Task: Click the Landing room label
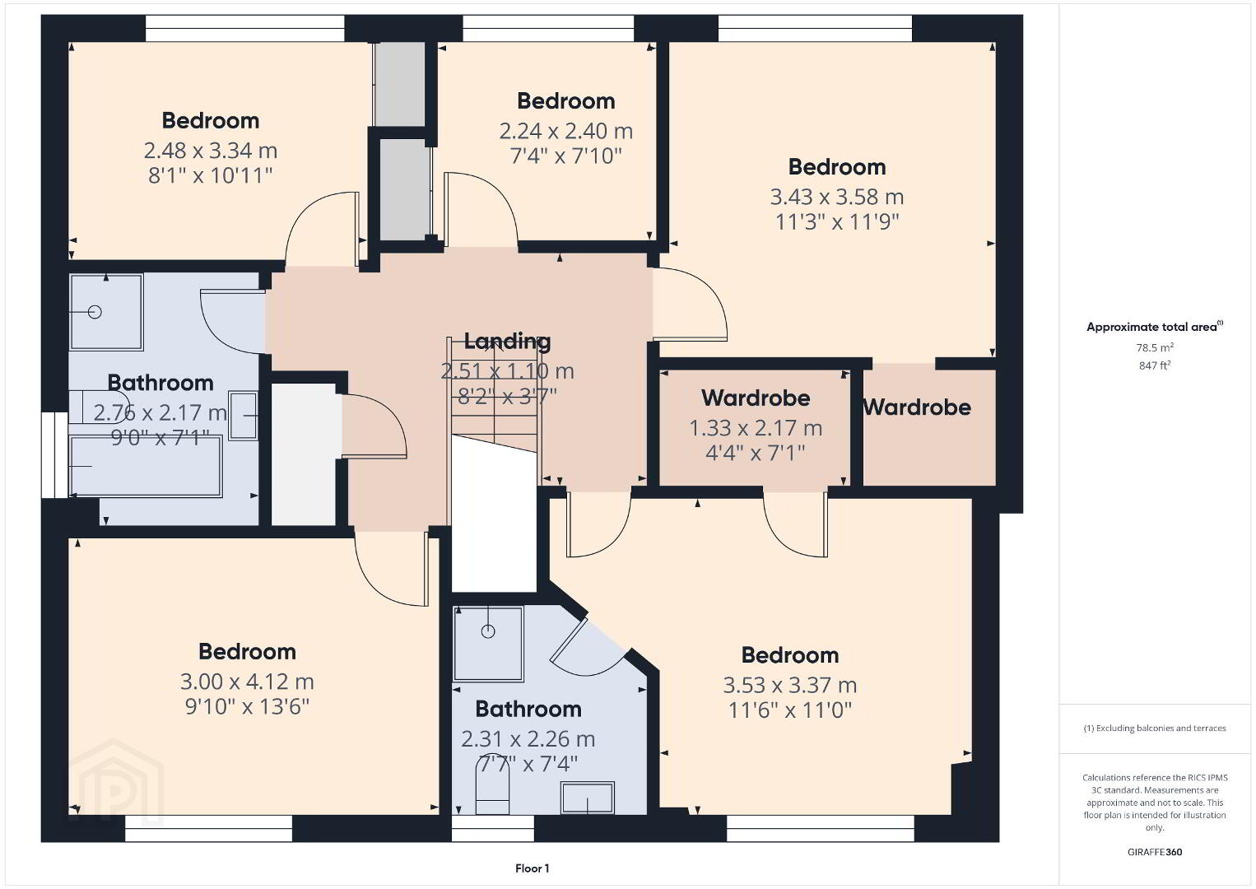507,342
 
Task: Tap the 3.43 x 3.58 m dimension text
836,197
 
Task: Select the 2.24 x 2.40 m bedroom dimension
565,131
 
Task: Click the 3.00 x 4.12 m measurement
247,682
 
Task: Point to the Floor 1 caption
533,868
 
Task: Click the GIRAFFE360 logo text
1155,852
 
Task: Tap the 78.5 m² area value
1155,347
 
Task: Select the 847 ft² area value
1155,365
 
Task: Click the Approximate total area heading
1154,327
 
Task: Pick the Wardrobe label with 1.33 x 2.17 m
756,398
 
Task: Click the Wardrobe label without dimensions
918,407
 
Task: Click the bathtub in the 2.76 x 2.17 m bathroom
146,467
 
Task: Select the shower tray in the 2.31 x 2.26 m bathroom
488,644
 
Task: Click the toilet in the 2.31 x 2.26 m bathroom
491,784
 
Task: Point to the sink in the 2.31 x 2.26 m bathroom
588,798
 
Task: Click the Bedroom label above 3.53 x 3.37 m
789,655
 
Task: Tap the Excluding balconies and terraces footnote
1155,728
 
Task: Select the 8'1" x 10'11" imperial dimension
210,176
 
